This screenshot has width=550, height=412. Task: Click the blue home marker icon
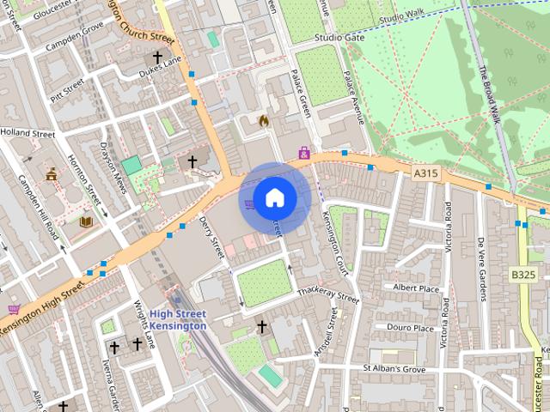(x=274, y=198)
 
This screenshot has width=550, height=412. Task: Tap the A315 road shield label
(x=425, y=173)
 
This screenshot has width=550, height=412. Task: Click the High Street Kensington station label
(x=178, y=320)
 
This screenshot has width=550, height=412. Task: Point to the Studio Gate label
(x=339, y=38)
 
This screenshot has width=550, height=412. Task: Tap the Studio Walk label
(x=402, y=16)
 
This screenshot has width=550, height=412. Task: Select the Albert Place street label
(x=415, y=288)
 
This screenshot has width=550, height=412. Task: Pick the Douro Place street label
(x=411, y=328)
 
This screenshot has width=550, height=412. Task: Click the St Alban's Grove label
(x=394, y=369)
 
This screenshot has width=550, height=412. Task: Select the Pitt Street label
(x=67, y=90)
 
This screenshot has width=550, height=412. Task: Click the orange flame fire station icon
(x=264, y=121)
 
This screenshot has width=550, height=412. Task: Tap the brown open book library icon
(x=86, y=221)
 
